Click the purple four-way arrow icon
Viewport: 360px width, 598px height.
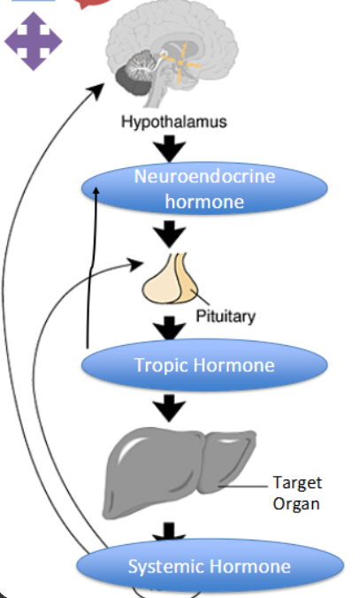(34, 41)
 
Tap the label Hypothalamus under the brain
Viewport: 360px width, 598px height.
(173, 121)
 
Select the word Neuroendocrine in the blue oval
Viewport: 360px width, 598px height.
(204, 176)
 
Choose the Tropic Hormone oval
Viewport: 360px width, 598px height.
(204, 365)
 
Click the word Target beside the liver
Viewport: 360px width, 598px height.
(297, 483)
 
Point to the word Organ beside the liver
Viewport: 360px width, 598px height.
(297, 503)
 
